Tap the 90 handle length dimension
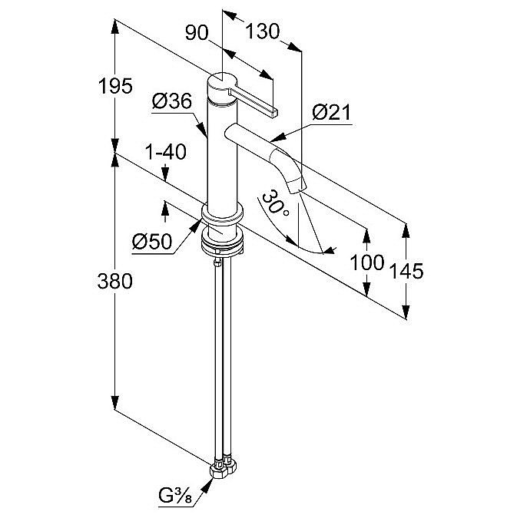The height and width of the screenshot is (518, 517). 198,32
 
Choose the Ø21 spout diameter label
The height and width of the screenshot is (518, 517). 331,114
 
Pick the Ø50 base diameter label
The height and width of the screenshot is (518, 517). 151,241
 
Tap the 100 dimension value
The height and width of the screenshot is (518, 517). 366,262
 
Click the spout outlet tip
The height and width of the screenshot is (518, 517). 297,185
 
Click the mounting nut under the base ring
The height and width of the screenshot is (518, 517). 224,245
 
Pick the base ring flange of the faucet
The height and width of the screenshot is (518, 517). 223,218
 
